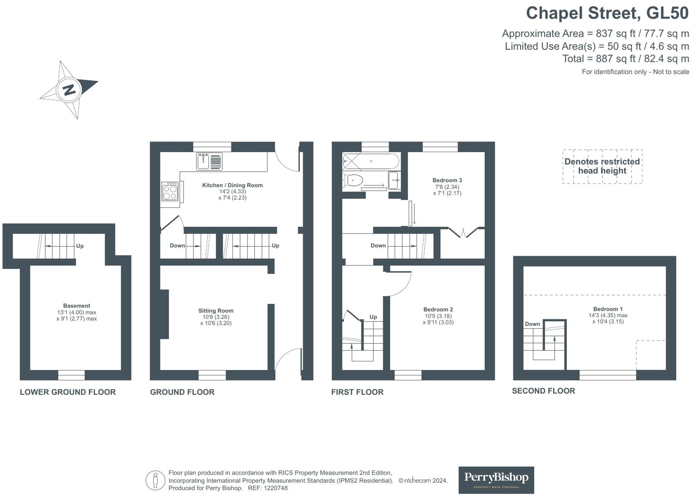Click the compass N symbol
(x=69, y=90)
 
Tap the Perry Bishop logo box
(x=496, y=480)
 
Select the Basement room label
(x=77, y=306)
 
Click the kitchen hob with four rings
(x=170, y=192)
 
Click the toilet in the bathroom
(x=353, y=180)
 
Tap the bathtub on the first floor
(x=371, y=161)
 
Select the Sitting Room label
(x=216, y=311)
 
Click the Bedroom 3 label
(x=447, y=180)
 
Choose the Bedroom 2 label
(x=438, y=309)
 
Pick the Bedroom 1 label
(x=608, y=309)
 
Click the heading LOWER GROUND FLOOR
(x=68, y=392)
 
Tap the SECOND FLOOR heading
(x=544, y=391)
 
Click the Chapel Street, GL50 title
(x=607, y=14)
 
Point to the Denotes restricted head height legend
(x=602, y=166)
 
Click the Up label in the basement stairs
(x=80, y=246)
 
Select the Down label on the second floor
(x=532, y=324)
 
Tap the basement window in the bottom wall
(x=72, y=375)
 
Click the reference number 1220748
(x=275, y=488)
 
